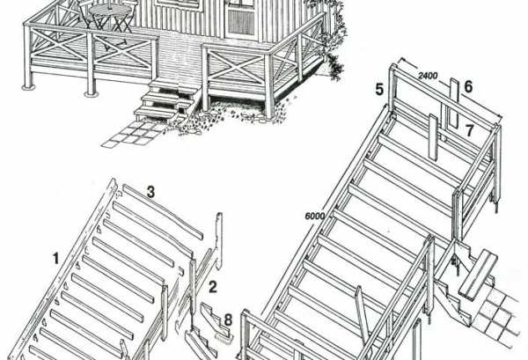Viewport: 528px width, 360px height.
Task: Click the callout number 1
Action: [55, 259]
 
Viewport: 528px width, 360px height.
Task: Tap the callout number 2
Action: [212, 287]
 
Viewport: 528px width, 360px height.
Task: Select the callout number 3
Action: [150, 192]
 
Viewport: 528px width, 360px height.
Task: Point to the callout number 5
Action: [379, 90]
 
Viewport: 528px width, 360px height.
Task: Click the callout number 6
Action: [468, 87]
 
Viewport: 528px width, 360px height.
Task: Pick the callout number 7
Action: [470, 130]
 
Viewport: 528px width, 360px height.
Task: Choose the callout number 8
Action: [228, 320]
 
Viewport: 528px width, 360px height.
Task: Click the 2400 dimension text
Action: [428, 76]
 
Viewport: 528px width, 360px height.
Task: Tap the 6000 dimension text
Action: [315, 216]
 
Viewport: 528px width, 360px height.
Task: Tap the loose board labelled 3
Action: [163, 212]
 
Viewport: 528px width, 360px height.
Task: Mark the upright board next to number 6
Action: [455, 103]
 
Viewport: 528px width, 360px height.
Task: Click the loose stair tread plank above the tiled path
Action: [478, 275]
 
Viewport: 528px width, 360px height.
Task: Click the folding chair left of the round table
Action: [86, 13]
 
